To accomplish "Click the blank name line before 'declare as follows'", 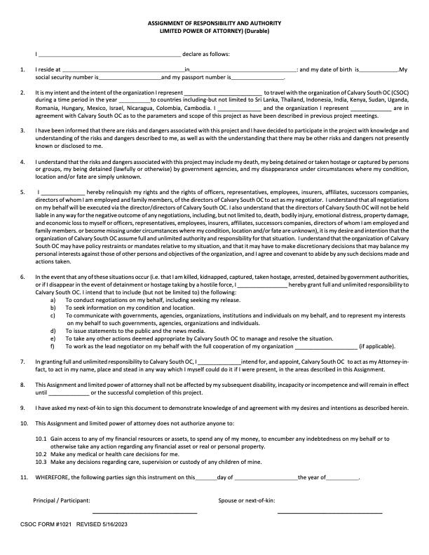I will click(x=109, y=54).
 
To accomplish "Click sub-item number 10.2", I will click(x=41, y=455).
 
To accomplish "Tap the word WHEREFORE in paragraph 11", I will click(x=54, y=477).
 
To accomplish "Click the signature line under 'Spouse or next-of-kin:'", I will click(x=329, y=514).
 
